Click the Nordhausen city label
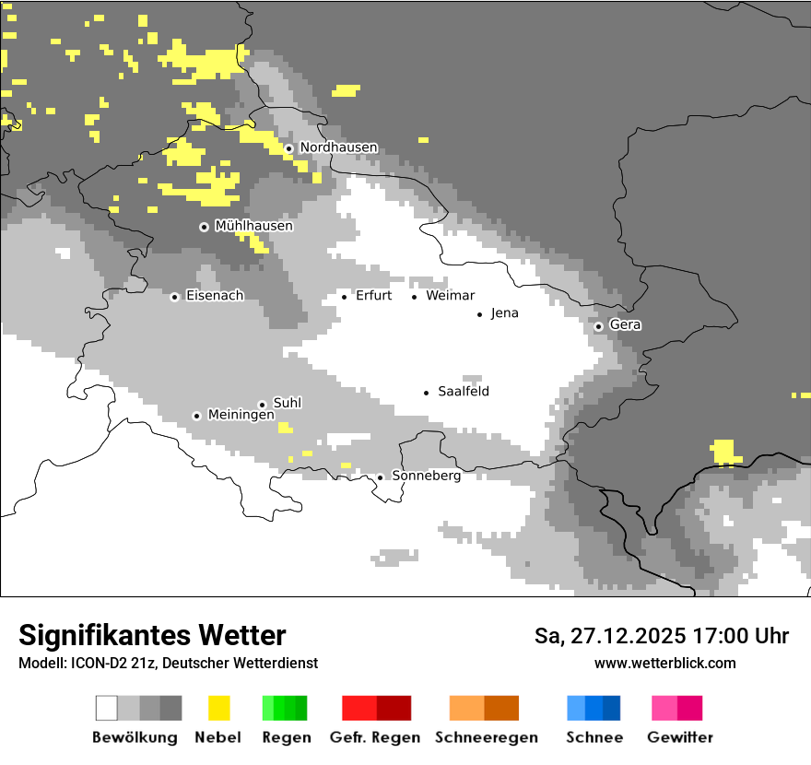coord(338,147)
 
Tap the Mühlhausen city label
coord(253,226)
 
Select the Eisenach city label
coord(215,296)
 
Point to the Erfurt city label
coord(373,296)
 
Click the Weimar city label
coord(450,296)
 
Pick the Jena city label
coord(504,313)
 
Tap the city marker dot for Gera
coord(598,326)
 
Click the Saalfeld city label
coord(463,392)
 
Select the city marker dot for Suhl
coord(262,405)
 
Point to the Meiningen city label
coord(241,416)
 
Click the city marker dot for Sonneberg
coord(380,477)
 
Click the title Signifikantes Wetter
coord(152,636)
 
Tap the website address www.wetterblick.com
coord(664,663)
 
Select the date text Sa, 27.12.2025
coord(610,636)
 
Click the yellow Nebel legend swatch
coord(218,708)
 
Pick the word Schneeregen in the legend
coord(486,737)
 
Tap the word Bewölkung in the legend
coord(135,737)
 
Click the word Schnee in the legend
coord(594,737)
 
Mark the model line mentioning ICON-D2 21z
coord(168,663)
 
